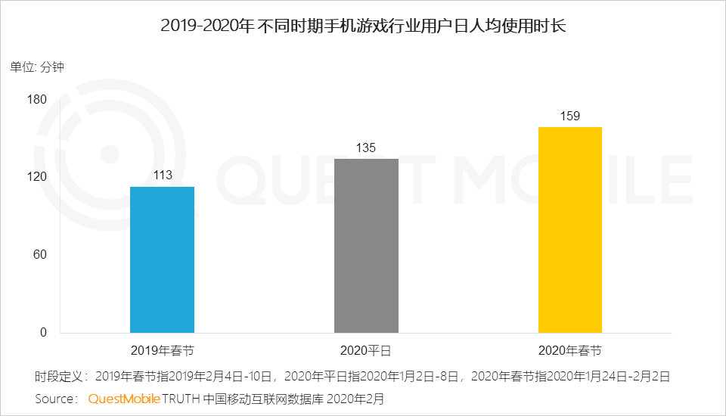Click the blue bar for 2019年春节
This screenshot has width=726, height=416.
[x=162, y=259]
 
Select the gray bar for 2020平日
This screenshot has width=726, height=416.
[x=366, y=246]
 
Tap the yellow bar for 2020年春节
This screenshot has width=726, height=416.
[x=569, y=230]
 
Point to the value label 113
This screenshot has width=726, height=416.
[x=162, y=175]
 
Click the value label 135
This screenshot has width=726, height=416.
[x=366, y=147]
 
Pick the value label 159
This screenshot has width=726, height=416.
[x=569, y=116]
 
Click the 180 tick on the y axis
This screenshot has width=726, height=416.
[x=37, y=99]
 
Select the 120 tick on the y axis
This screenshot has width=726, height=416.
[x=37, y=177]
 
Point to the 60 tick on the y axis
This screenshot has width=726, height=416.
[x=40, y=255]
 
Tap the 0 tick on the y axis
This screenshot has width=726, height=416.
[x=43, y=333]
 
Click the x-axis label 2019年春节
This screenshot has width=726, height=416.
[x=162, y=351]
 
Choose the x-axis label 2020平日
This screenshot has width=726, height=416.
[x=366, y=351]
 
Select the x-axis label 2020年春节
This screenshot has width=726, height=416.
[x=569, y=351]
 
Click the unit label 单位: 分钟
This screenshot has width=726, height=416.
[x=37, y=67]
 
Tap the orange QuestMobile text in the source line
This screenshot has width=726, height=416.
[x=123, y=398]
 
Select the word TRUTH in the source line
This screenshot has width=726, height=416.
[x=181, y=398]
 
